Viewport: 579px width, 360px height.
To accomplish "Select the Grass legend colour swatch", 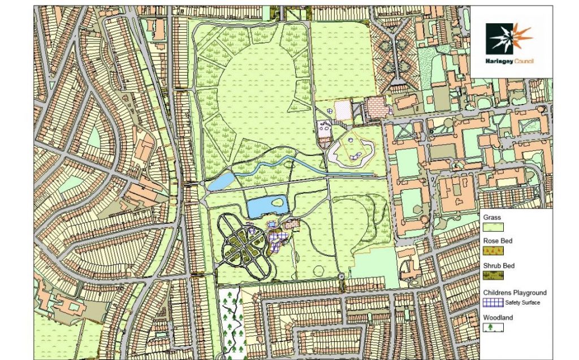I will [492, 227].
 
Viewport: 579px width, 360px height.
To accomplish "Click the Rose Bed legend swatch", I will [492, 250].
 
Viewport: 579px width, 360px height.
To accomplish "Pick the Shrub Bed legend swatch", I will [492, 276].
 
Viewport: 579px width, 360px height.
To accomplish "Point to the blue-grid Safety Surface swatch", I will [492, 302].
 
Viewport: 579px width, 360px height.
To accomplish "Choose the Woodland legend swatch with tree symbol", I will [492, 327].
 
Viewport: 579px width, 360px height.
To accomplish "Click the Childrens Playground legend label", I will [515, 293].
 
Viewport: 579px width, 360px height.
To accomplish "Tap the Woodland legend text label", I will [498, 318].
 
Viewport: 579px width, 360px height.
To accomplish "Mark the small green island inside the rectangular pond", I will [278, 201].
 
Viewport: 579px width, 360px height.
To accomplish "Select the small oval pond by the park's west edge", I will [221, 181].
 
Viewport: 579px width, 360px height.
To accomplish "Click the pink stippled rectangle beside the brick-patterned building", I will [342, 110].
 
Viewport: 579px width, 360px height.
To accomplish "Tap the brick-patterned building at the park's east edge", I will [374, 107].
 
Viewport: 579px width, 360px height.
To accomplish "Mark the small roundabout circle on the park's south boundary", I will [342, 276].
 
